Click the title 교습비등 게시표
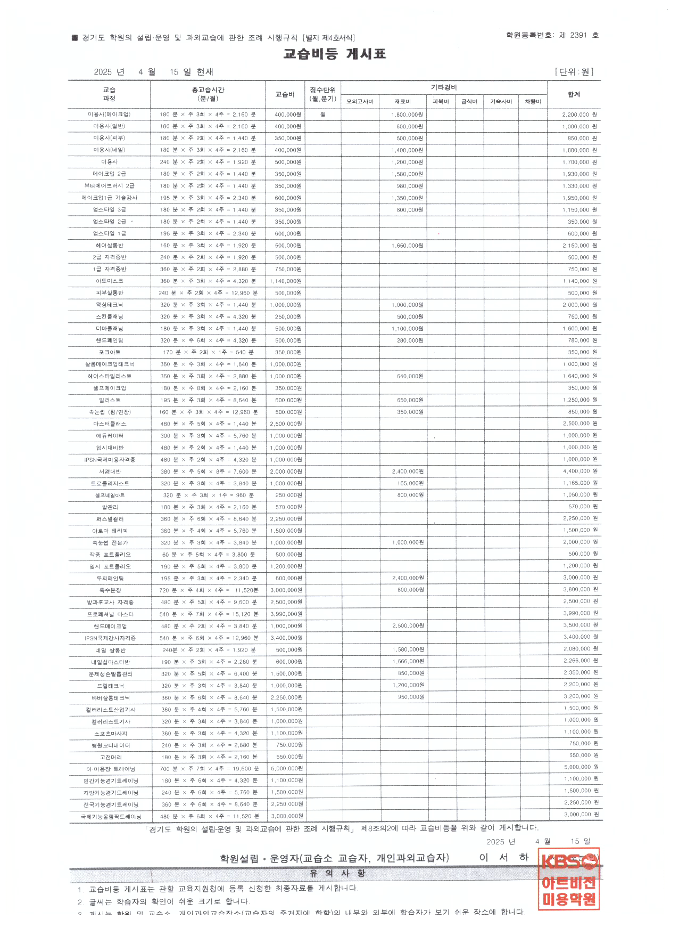[x=334, y=54]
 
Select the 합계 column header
[x=574, y=94]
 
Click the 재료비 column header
[x=402, y=101]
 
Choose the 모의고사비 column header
[x=360, y=101]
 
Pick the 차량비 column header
[x=533, y=101]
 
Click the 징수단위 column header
[x=322, y=94]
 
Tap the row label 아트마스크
[x=109, y=281]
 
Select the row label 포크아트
[x=109, y=353]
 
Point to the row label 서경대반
[x=110, y=471]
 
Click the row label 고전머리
[x=110, y=757]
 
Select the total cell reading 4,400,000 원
[x=580, y=471]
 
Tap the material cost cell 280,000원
[x=410, y=340]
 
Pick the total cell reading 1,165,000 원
[x=580, y=483]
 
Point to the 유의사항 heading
[x=337, y=873]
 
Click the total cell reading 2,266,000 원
[x=581, y=661]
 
